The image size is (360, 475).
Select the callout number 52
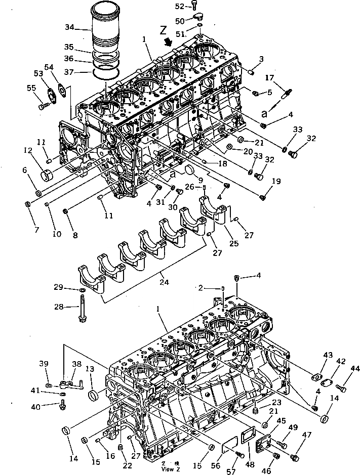(180, 6)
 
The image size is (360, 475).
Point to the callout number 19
(276, 181)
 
